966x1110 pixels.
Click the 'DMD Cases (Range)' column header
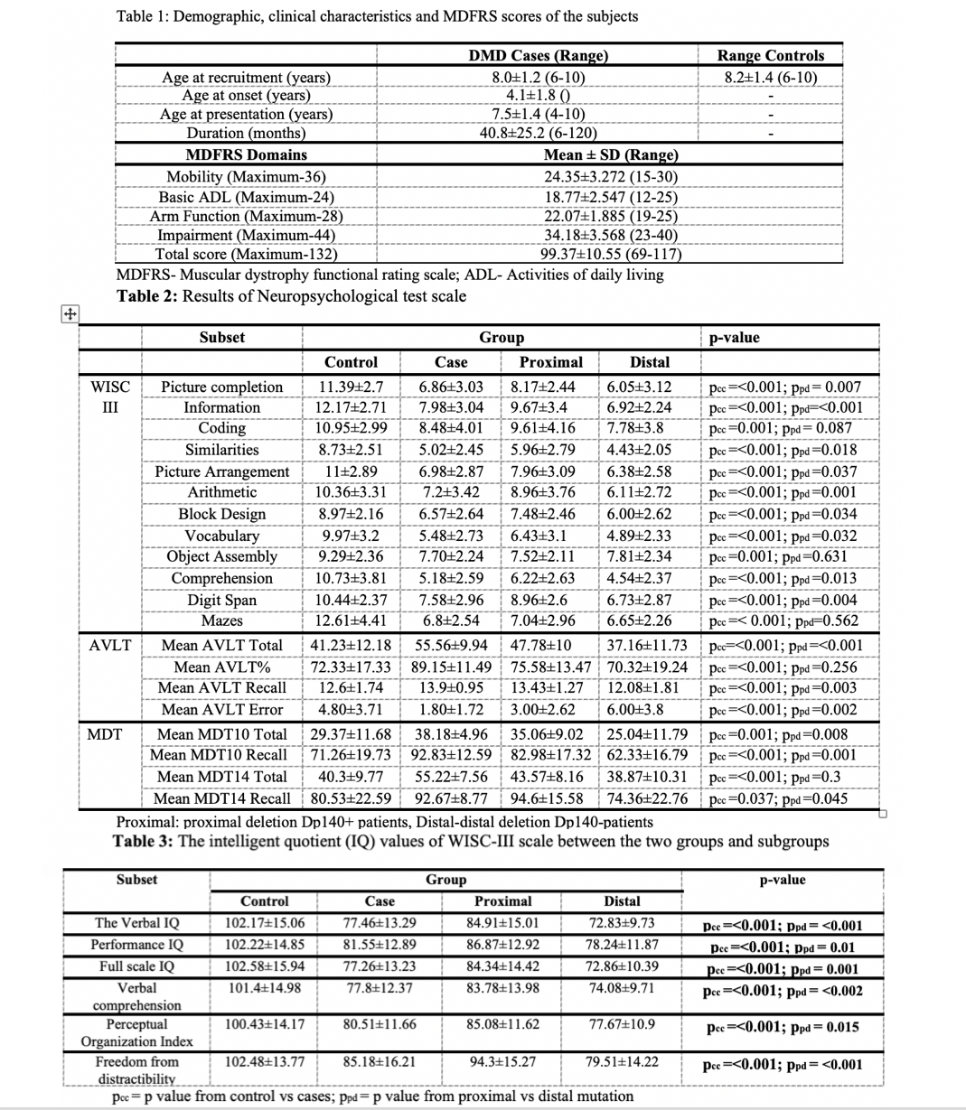pyautogui.click(x=538, y=55)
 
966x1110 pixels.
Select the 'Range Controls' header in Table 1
pyautogui.click(x=770, y=55)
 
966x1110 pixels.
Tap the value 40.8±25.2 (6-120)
pyautogui.click(x=538, y=133)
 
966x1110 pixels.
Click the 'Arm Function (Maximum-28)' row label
pyautogui.click(x=246, y=216)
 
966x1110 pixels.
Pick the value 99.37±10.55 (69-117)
pyautogui.click(x=611, y=254)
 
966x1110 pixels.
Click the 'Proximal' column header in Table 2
pyautogui.click(x=551, y=362)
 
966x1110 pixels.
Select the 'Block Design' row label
pyautogui.click(x=222, y=514)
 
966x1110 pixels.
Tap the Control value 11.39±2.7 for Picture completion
pyautogui.click(x=351, y=387)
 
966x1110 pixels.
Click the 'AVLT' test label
pyautogui.click(x=109, y=645)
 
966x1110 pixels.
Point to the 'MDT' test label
pyautogui.click(x=104, y=733)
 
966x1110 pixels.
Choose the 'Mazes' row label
pyautogui.click(x=222, y=620)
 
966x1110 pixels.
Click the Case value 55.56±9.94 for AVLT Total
pyautogui.click(x=451, y=645)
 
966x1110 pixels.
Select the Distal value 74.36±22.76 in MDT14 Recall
pyautogui.click(x=647, y=798)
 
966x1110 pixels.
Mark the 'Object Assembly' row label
pyautogui.click(x=222, y=556)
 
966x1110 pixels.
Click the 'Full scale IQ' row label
pyautogui.click(x=136, y=966)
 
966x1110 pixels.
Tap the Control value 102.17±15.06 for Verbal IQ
pyautogui.click(x=265, y=923)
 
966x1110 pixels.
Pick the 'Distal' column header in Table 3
pyautogui.click(x=622, y=901)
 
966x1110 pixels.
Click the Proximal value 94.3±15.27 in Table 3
pyautogui.click(x=502, y=1062)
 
